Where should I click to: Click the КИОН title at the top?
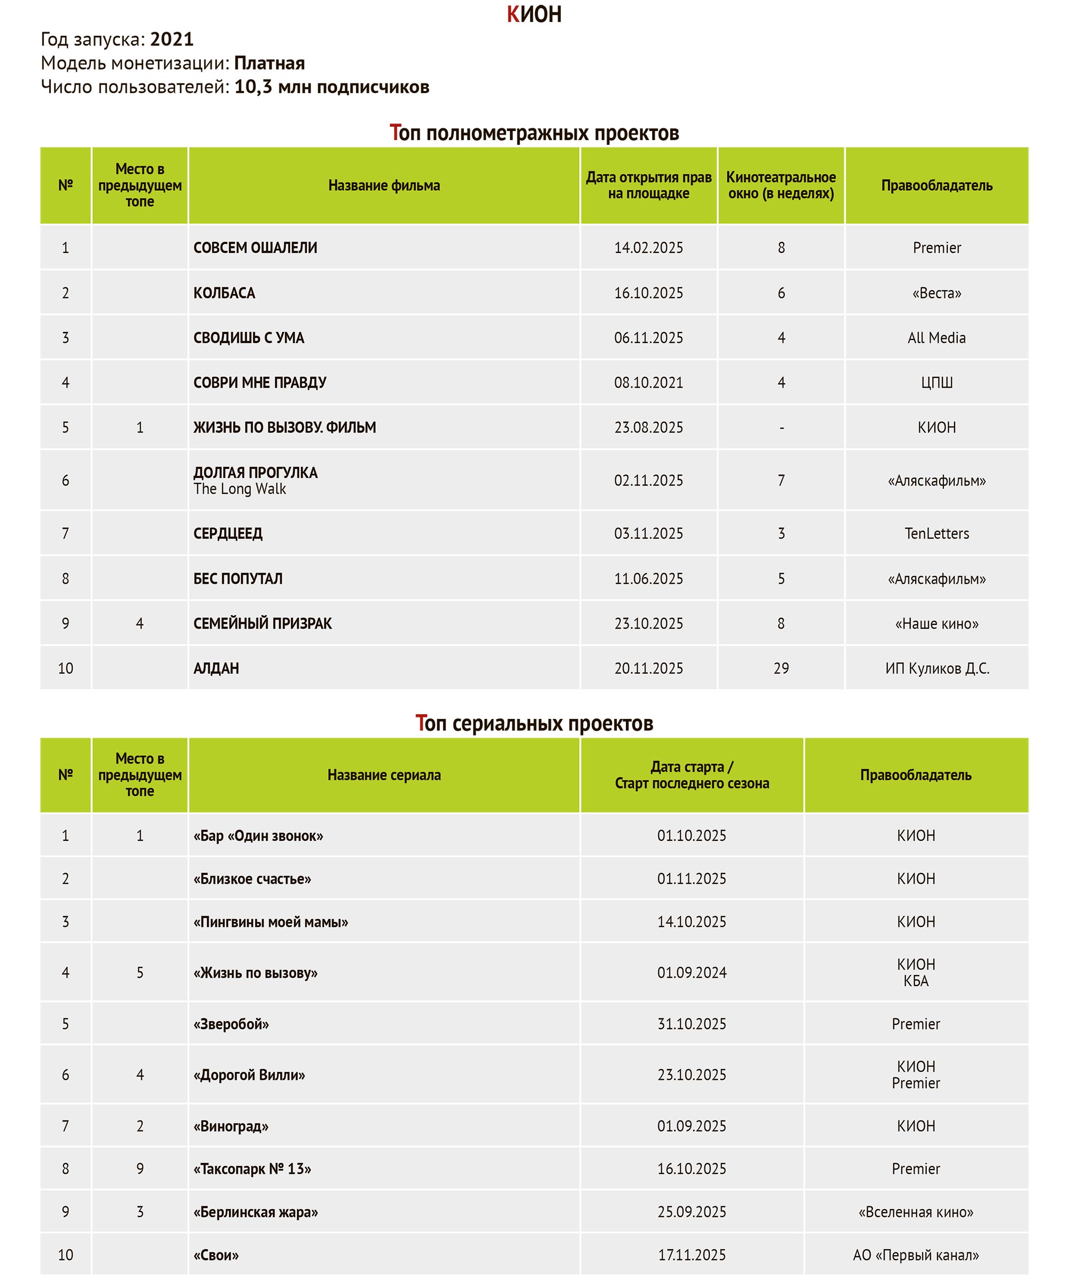(x=533, y=14)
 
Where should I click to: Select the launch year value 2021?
(x=172, y=39)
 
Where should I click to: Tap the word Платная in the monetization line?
(x=269, y=63)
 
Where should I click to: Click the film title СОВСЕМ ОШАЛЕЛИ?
(x=255, y=247)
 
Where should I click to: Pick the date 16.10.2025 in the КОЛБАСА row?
(x=648, y=293)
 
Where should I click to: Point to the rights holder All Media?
(x=936, y=337)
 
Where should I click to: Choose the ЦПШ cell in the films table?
(x=936, y=382)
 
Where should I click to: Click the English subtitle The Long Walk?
(x=239, y=489)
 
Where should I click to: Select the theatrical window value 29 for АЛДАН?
(x=780, y=668)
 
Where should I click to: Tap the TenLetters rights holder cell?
(x=936, y=533)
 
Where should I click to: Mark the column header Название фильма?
(x=384, y=185)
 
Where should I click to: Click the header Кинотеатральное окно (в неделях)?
(x=780, y=185)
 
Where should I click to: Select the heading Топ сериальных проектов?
(x=533, y=723)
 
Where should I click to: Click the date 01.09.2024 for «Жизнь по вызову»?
(x=691, y=972)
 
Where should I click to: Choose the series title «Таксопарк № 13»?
(x=252, y=1169)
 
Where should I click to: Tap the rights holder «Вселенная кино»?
(x=915, y=1212)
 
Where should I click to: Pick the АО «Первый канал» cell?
(x=915, y=1255)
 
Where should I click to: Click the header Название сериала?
(x=384, y=775)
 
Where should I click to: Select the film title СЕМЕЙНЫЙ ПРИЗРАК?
(x=262, y=623)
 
